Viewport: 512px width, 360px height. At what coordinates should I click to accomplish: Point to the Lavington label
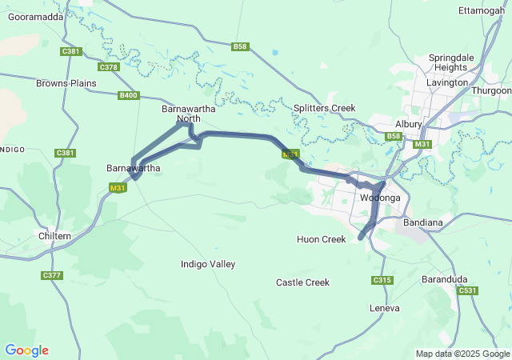[447, 82]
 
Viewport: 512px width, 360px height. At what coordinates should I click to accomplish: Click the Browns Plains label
[62, 82]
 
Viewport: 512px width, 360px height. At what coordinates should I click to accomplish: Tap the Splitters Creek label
[324, 108]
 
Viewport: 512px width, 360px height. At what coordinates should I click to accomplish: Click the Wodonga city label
[380, 198]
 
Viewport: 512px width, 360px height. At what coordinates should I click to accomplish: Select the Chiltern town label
[55, 236]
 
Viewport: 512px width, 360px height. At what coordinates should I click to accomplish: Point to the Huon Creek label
[321, 239]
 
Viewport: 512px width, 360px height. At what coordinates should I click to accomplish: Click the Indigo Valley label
[208, 264]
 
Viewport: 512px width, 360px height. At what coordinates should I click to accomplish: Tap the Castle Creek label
[302, 282]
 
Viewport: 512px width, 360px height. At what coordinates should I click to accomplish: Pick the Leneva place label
[384, 308]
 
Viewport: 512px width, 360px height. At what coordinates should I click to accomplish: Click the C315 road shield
[382, 280]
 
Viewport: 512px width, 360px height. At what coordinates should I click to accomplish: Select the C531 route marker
[469, 290]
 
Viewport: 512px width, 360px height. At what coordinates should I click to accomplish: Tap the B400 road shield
[128, 95]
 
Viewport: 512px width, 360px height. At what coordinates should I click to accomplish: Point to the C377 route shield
[52, 275]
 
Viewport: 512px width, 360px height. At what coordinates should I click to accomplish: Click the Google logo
[26, 350]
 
